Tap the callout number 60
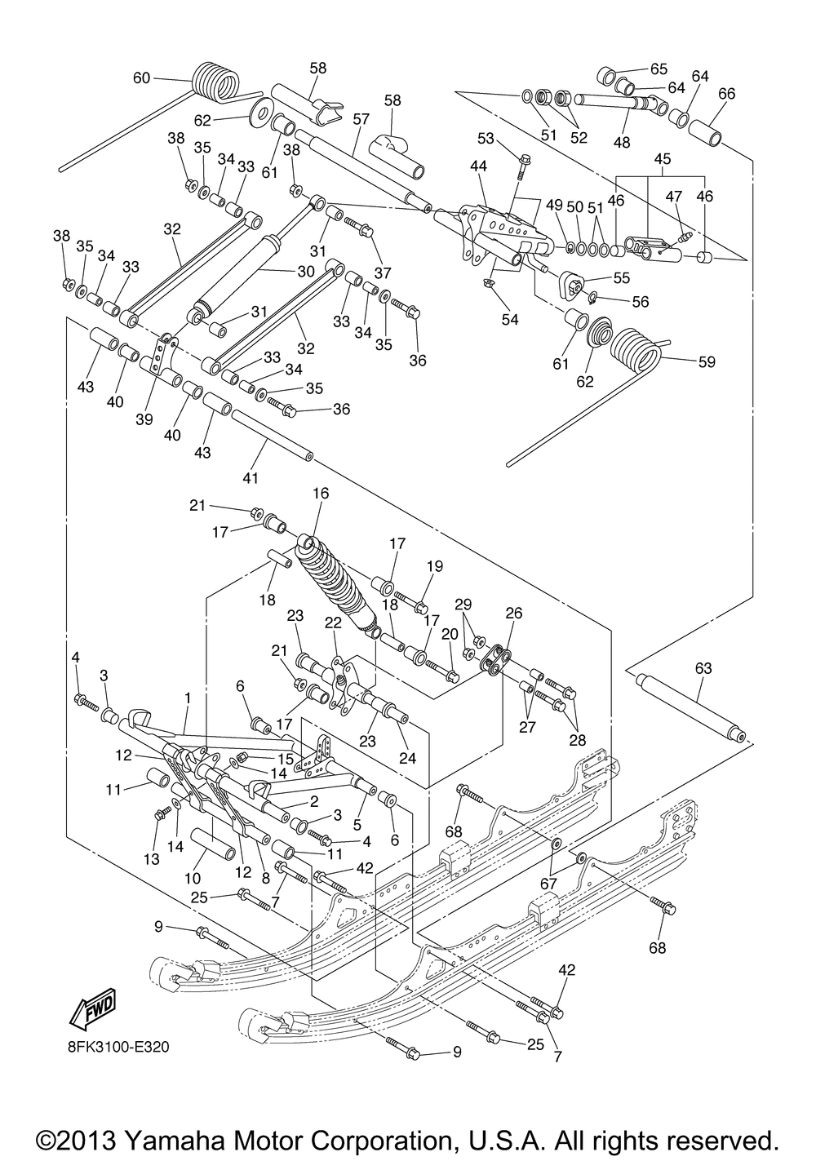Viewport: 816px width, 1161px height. pos(141,78)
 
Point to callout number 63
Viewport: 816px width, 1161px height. pos(703,669)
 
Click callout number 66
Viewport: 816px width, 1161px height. pos(726,94)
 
